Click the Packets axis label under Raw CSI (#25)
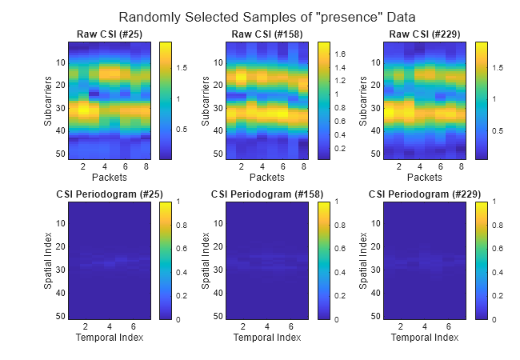(108, 178)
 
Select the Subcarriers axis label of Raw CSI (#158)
(206, 101)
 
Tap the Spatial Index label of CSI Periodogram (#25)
(49, 261)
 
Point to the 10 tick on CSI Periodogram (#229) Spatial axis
(376, 225)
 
